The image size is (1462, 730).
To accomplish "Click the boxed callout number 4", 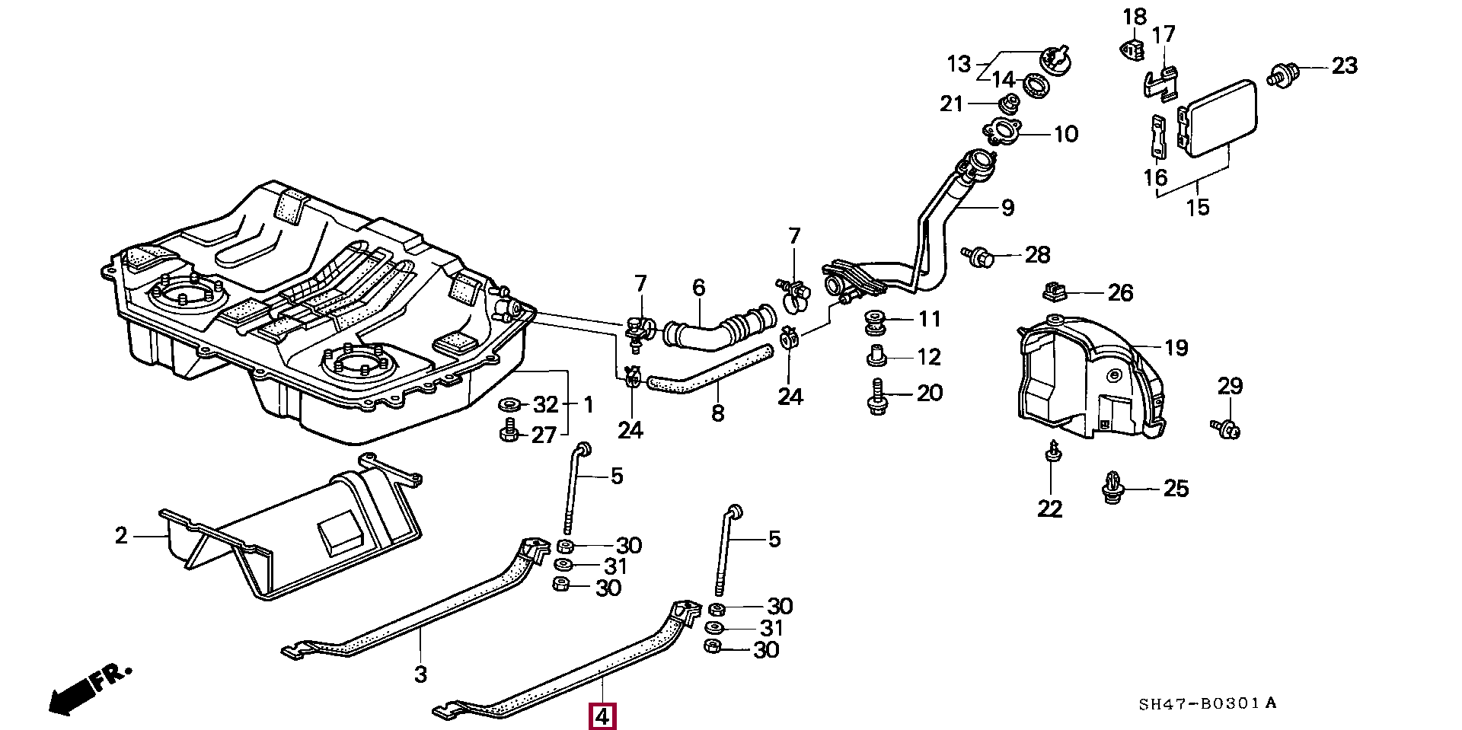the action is point(602,716).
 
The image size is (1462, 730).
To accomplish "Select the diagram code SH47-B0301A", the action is point(1207,703).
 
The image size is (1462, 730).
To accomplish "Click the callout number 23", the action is point(1344,66).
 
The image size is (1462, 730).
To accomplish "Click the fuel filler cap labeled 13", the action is point(1055,60).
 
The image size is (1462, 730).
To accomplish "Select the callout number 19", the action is point(1176,348).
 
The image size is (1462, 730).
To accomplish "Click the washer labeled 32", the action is point(509,403).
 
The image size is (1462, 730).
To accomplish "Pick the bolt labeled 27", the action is point(509,431).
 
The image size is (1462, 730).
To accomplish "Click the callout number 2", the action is point(121,536).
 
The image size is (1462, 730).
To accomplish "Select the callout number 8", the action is point(718,413).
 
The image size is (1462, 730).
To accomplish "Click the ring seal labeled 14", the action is point(1036,85).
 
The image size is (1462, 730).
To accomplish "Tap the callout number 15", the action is point(1197,207).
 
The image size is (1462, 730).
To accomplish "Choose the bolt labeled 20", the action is point(877,397).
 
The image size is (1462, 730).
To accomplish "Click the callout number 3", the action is point(420,674).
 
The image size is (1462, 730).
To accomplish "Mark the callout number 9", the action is point(1008,207).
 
